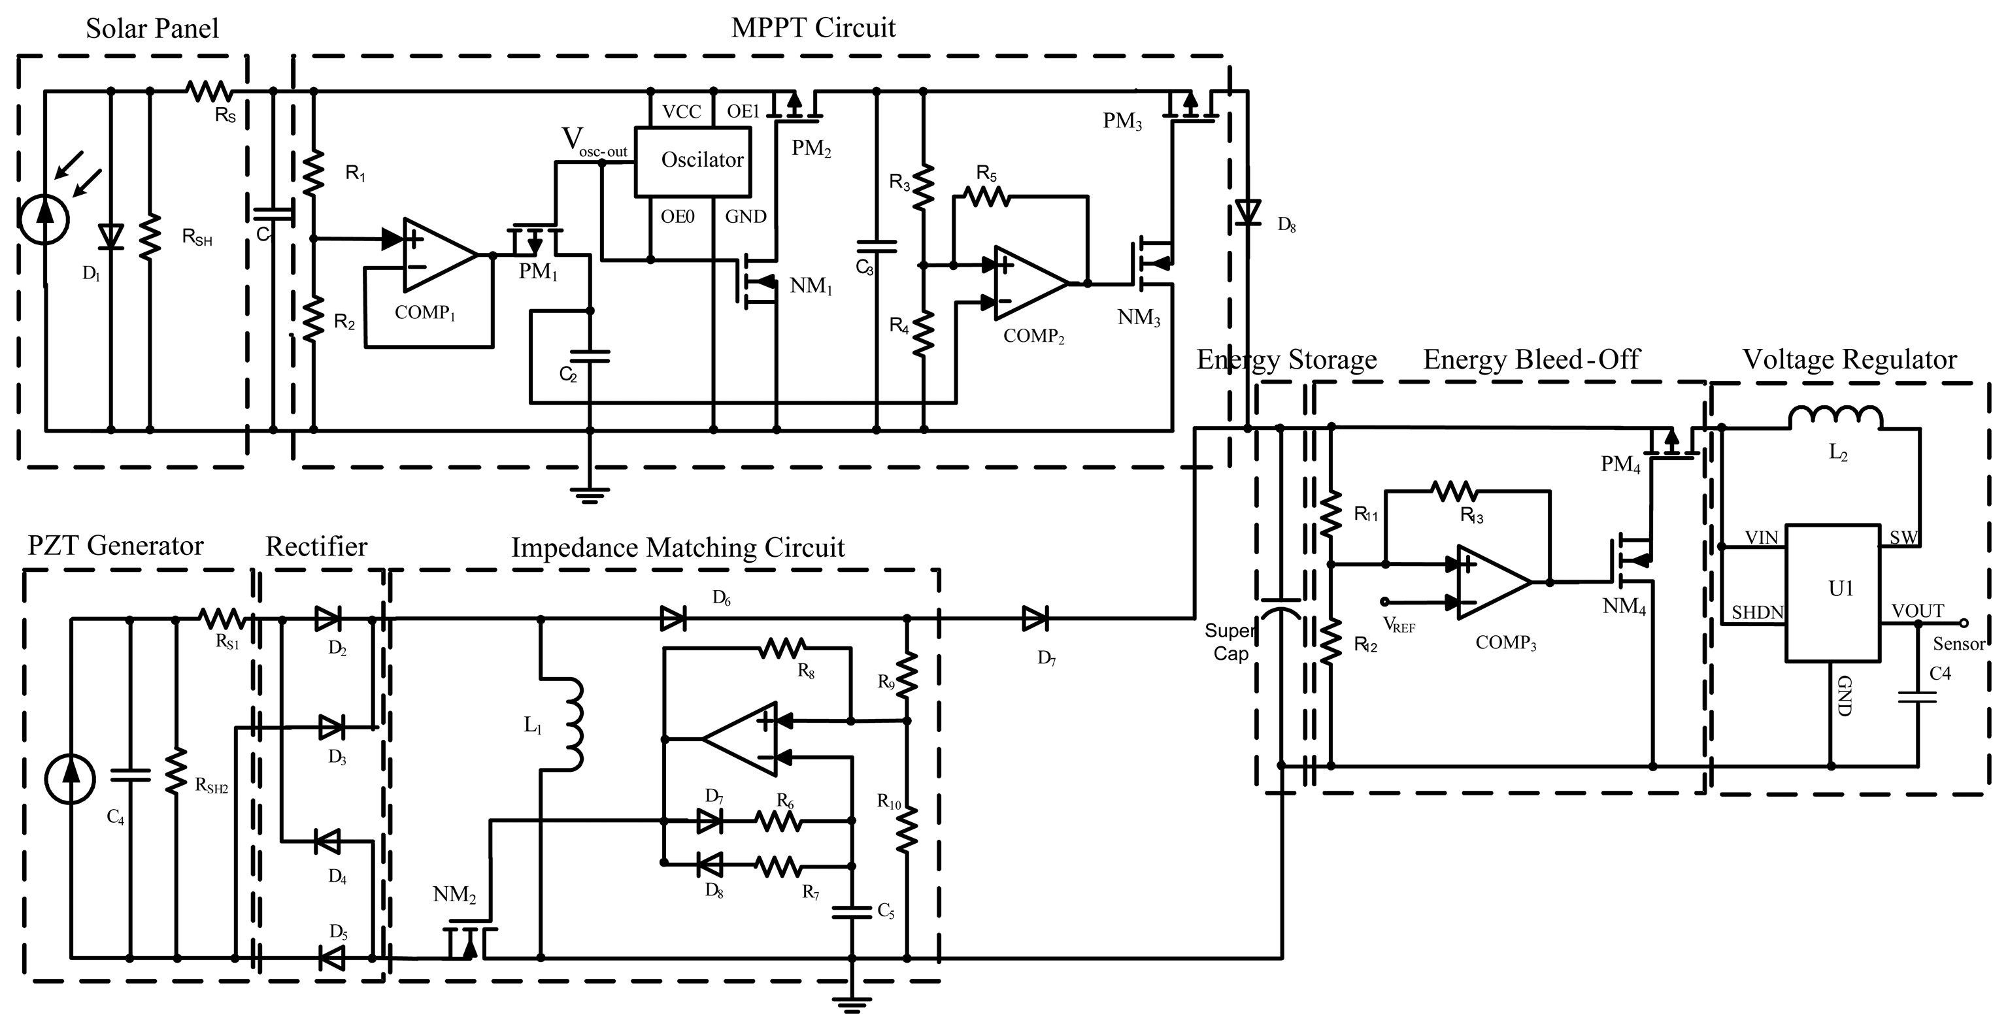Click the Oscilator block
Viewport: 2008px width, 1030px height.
point(693,162)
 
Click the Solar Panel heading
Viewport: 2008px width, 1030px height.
point(152,29)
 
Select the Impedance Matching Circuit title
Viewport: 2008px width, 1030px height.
point(677,548)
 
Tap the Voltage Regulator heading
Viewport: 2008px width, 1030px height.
point(1849,359)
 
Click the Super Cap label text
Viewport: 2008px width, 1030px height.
point(1230,642)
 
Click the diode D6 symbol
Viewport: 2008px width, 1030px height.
point(673,619)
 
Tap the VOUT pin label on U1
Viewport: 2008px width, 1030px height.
point(1918,611)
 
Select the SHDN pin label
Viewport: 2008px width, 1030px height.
point(1758,612)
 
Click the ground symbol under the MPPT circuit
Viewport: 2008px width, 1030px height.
point(590,495)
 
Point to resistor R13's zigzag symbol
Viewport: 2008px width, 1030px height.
point(1454,491)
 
